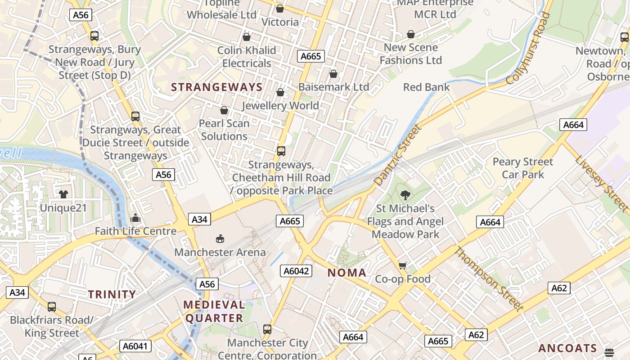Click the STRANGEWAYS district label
(216, 87)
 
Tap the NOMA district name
(346, 273)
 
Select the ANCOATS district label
(567, 348)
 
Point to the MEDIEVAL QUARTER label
(214, 311)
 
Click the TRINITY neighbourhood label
(112, 295)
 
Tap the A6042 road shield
(296, 271)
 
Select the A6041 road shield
(136, 346)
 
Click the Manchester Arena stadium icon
(220, 238)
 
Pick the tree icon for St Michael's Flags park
(405, 195)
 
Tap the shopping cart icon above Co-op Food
(403, 265)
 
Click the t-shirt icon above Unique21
(63, 194)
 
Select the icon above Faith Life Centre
(135, 218)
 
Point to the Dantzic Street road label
(398, 155)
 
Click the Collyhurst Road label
(528, 49)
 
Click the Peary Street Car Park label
(523, 168)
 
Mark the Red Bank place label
(426, 87)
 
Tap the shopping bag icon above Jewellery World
(280, 92)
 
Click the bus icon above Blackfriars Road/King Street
(52, 307)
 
